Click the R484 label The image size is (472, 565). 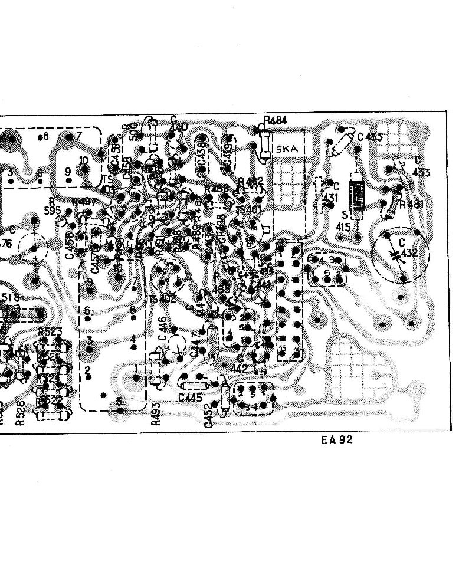[x=276, y=121]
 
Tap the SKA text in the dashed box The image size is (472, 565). [x=287, y=149]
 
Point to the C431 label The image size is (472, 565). [x=332, y=193]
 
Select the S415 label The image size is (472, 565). [x=343, y=221]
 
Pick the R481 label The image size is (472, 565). [x=411, y=205]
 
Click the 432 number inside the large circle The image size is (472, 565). [x=409, y=253]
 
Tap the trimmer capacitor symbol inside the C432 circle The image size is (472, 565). [x=395, y=255]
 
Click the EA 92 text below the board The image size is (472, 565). [x=337, y=439]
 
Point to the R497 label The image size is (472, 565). [x=84, y=202]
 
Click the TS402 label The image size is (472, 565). [x=162, y=299]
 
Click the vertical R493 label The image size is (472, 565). [x=156, y=413]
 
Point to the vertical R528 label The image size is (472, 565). [x=19, y=413]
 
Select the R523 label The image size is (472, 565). [x=50, y=332]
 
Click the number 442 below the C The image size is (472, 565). [x=240, y=369]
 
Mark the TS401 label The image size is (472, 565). [x=248, y=210]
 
